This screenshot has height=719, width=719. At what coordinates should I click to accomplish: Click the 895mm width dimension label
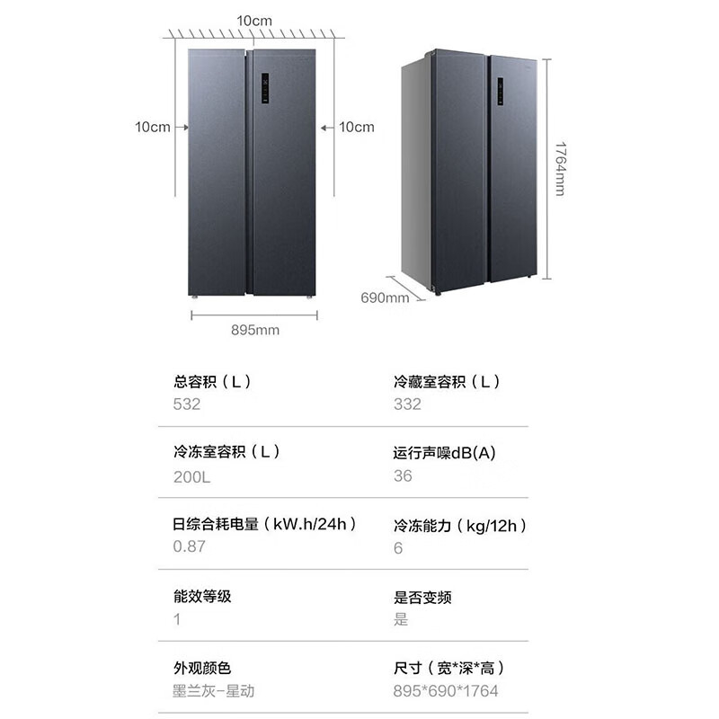(x=255, y=330)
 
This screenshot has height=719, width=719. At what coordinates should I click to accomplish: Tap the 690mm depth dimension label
(x=385, y=297)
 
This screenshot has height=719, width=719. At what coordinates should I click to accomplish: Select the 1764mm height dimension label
(x=560, y=169)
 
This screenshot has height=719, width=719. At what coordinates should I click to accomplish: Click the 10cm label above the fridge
(x=254, y=21)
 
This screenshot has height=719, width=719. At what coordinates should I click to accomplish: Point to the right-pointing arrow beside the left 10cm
(x=182, y=127)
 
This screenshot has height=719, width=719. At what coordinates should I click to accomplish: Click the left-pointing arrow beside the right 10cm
(x=327, y=128)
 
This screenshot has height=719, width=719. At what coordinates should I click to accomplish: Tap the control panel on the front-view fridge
(x=265, y=88)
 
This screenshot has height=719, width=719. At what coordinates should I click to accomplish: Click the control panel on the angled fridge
(x=501, y=91)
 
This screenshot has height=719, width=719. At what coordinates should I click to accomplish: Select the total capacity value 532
(x=187, y=404)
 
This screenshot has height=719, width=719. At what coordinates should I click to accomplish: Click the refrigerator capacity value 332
(x=407, y=404)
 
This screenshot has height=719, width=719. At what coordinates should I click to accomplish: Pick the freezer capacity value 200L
(x=191, y=477)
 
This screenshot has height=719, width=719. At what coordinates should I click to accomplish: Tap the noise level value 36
(x=403, y=475)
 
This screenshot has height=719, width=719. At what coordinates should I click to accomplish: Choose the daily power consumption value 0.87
(x=189, y=546)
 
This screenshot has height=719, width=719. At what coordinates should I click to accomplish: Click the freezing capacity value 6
(x=398, y=548)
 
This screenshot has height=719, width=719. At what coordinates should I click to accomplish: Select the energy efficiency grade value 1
(x=177, y=619)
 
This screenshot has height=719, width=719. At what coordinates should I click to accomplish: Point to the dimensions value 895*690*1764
(x=445, y=690)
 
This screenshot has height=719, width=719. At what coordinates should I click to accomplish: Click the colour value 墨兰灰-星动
(x=213, y=690)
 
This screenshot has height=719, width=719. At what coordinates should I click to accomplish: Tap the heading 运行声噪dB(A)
(x=444, y=453)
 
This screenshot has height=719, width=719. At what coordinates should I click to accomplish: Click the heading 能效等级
(x=202, y=596)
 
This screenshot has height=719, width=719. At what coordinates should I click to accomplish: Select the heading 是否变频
(x=422, y=597)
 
